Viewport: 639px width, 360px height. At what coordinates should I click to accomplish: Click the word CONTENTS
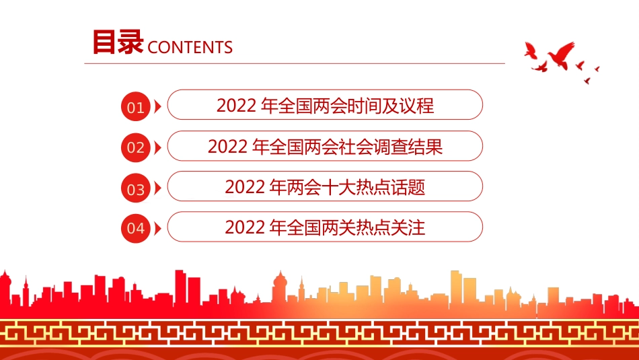coord(190,47)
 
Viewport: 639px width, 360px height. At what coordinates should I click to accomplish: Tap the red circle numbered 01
coord(136,107)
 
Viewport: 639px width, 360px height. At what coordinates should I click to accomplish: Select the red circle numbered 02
coord(136,148)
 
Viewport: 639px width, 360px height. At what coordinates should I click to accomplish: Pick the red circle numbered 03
coord(136,189)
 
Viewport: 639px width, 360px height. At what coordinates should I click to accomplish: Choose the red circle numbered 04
coord(136,229)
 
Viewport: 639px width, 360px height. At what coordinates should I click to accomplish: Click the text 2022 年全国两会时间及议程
coord(325,106)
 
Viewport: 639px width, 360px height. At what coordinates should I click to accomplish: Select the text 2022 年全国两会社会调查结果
coord(325,147)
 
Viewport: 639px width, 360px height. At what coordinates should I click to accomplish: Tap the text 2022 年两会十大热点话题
coord(325,187)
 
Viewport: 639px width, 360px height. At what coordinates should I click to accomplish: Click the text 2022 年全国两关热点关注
coord(325,227)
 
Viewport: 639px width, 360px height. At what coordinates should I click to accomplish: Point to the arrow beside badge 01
coord(157,107)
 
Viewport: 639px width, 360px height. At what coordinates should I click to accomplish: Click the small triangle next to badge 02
coord(157,147)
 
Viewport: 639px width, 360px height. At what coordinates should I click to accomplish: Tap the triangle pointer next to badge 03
coord(157,188)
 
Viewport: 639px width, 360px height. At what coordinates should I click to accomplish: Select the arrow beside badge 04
coord(157,229)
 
